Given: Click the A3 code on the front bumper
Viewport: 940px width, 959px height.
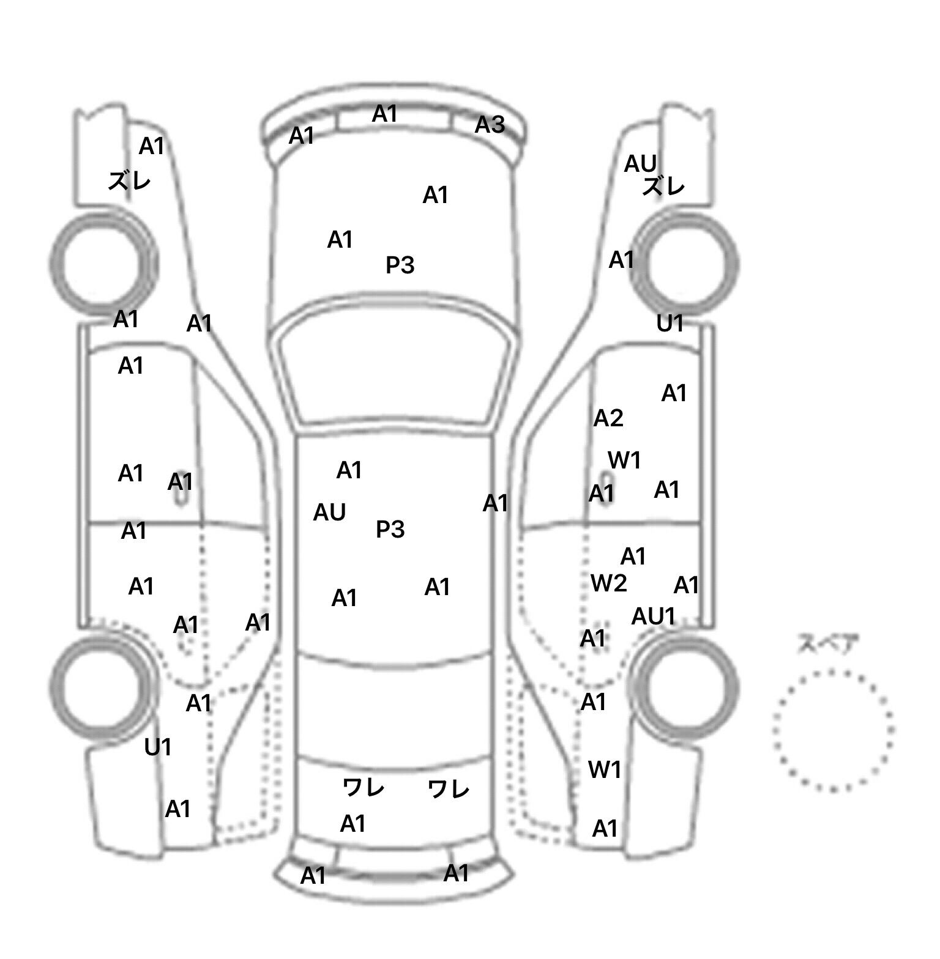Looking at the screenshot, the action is click(490, 125).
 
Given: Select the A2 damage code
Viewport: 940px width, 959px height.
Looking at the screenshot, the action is click(608, 418).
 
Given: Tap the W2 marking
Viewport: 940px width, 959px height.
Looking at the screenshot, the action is click(609, 583).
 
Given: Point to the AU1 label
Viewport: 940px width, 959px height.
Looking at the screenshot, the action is click(653, 616).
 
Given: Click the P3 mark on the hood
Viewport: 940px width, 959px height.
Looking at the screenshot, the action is click(400, 265).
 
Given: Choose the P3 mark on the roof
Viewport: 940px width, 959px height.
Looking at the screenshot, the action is click(390, 529).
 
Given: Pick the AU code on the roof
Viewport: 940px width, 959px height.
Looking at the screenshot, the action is click(329, 513).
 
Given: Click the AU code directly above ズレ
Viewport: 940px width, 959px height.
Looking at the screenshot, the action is click(640, 164).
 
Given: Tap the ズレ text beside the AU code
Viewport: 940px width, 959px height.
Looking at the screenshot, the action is click(663, 186).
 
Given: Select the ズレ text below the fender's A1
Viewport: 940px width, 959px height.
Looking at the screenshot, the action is click(129, 181).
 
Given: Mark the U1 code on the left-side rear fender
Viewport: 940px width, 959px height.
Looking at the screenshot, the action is click(158, 747).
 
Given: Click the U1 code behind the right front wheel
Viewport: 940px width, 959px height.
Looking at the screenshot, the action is click(670, 324).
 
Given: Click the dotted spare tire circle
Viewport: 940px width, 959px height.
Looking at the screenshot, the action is click(834, 672).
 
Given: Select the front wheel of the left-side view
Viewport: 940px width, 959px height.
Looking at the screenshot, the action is click(103, 214).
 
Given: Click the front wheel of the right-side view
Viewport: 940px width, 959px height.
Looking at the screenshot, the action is click(685, 214).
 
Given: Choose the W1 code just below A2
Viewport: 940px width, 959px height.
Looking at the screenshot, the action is click(624, 460).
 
